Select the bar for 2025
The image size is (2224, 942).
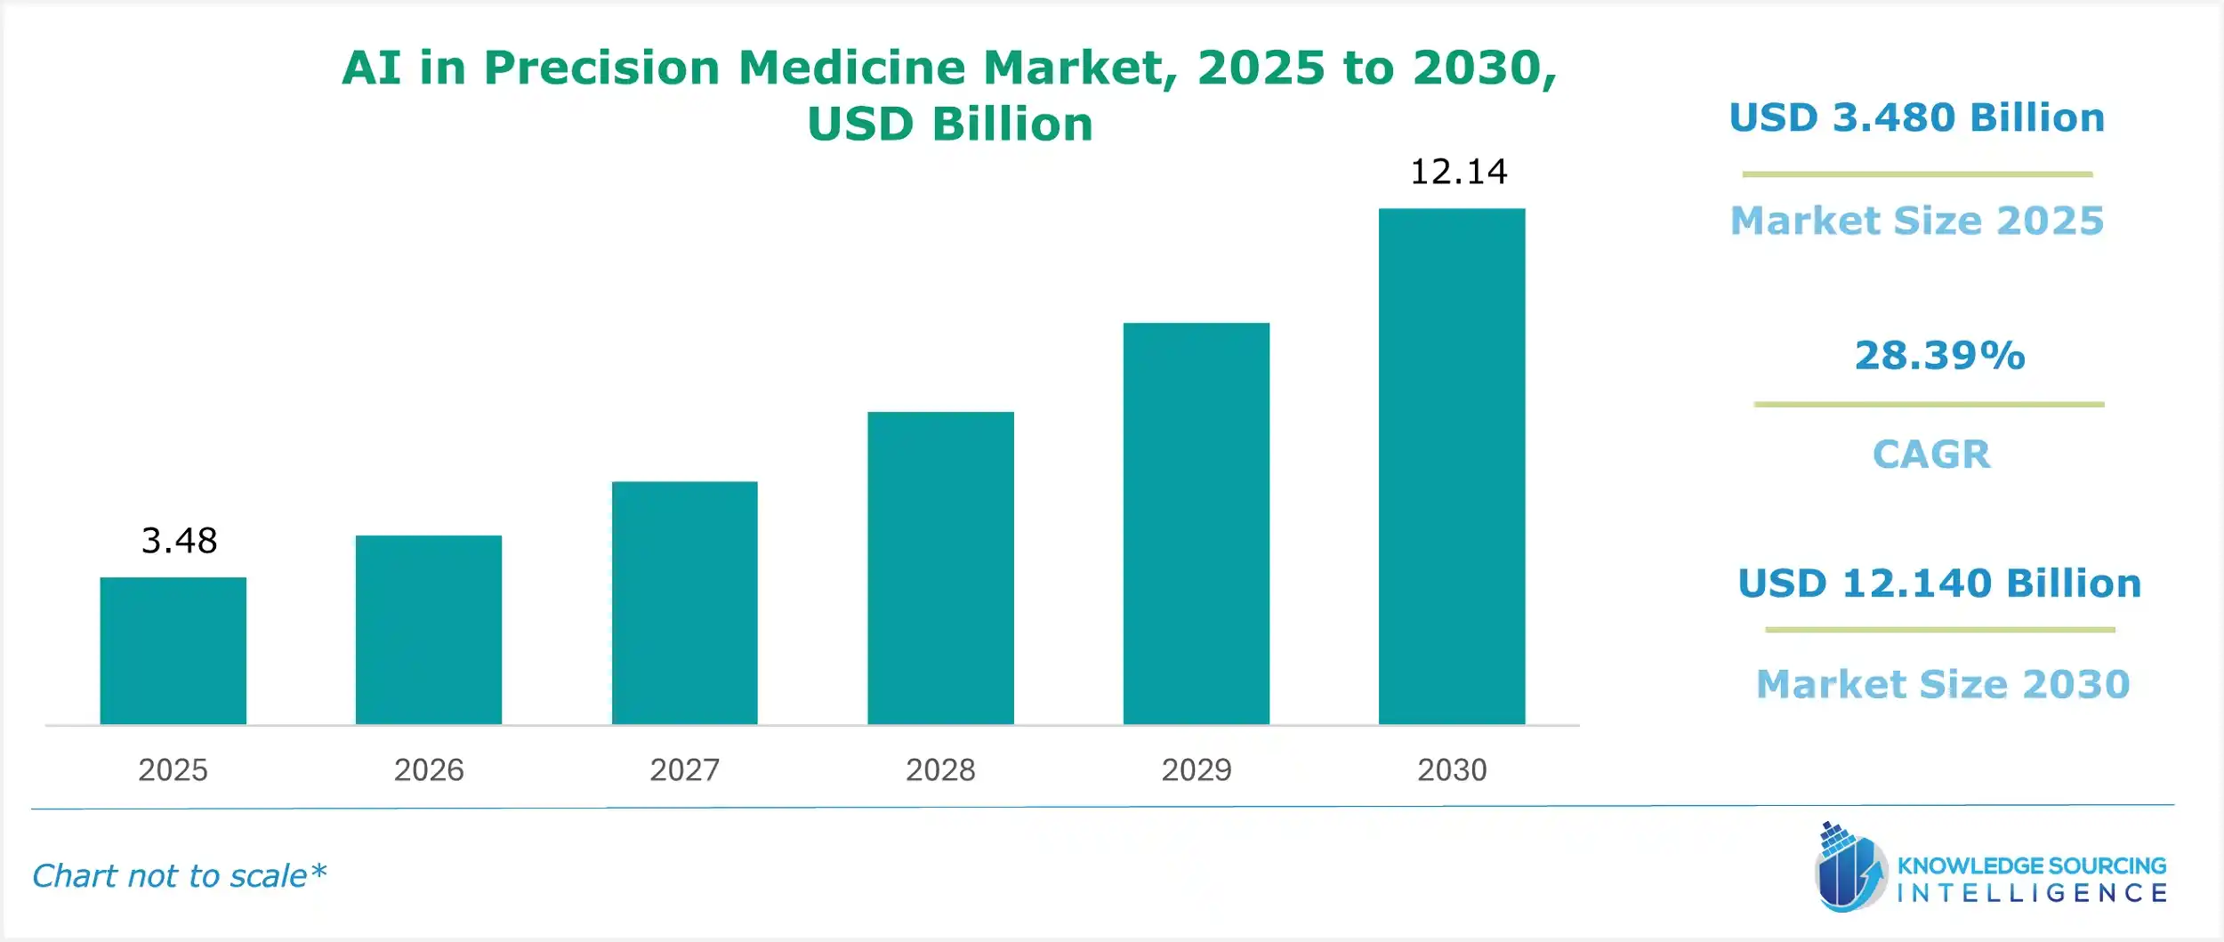(173, 650)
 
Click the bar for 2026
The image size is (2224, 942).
(428, 629)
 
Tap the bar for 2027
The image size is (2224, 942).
(684, 602)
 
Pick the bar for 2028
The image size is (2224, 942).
(940, 568)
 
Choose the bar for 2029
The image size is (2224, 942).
(1196, 523)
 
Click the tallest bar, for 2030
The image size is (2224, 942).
(1451, 466)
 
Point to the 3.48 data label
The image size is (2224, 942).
(179, 541)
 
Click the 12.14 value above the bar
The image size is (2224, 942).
(1458, 172)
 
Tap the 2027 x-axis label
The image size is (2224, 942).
(684, 769)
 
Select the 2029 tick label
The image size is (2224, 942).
(1196, 769)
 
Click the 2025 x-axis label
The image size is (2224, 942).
(173, 769)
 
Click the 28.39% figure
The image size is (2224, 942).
(1939, 356)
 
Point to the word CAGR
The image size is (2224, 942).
(1930, 455)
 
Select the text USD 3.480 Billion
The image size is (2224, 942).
(1916, 118)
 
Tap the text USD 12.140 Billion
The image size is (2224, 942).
(1938, 584)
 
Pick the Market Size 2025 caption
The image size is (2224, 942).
(1916, 221)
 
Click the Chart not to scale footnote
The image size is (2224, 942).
(179, 876)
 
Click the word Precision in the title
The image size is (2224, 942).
(601, 68)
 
